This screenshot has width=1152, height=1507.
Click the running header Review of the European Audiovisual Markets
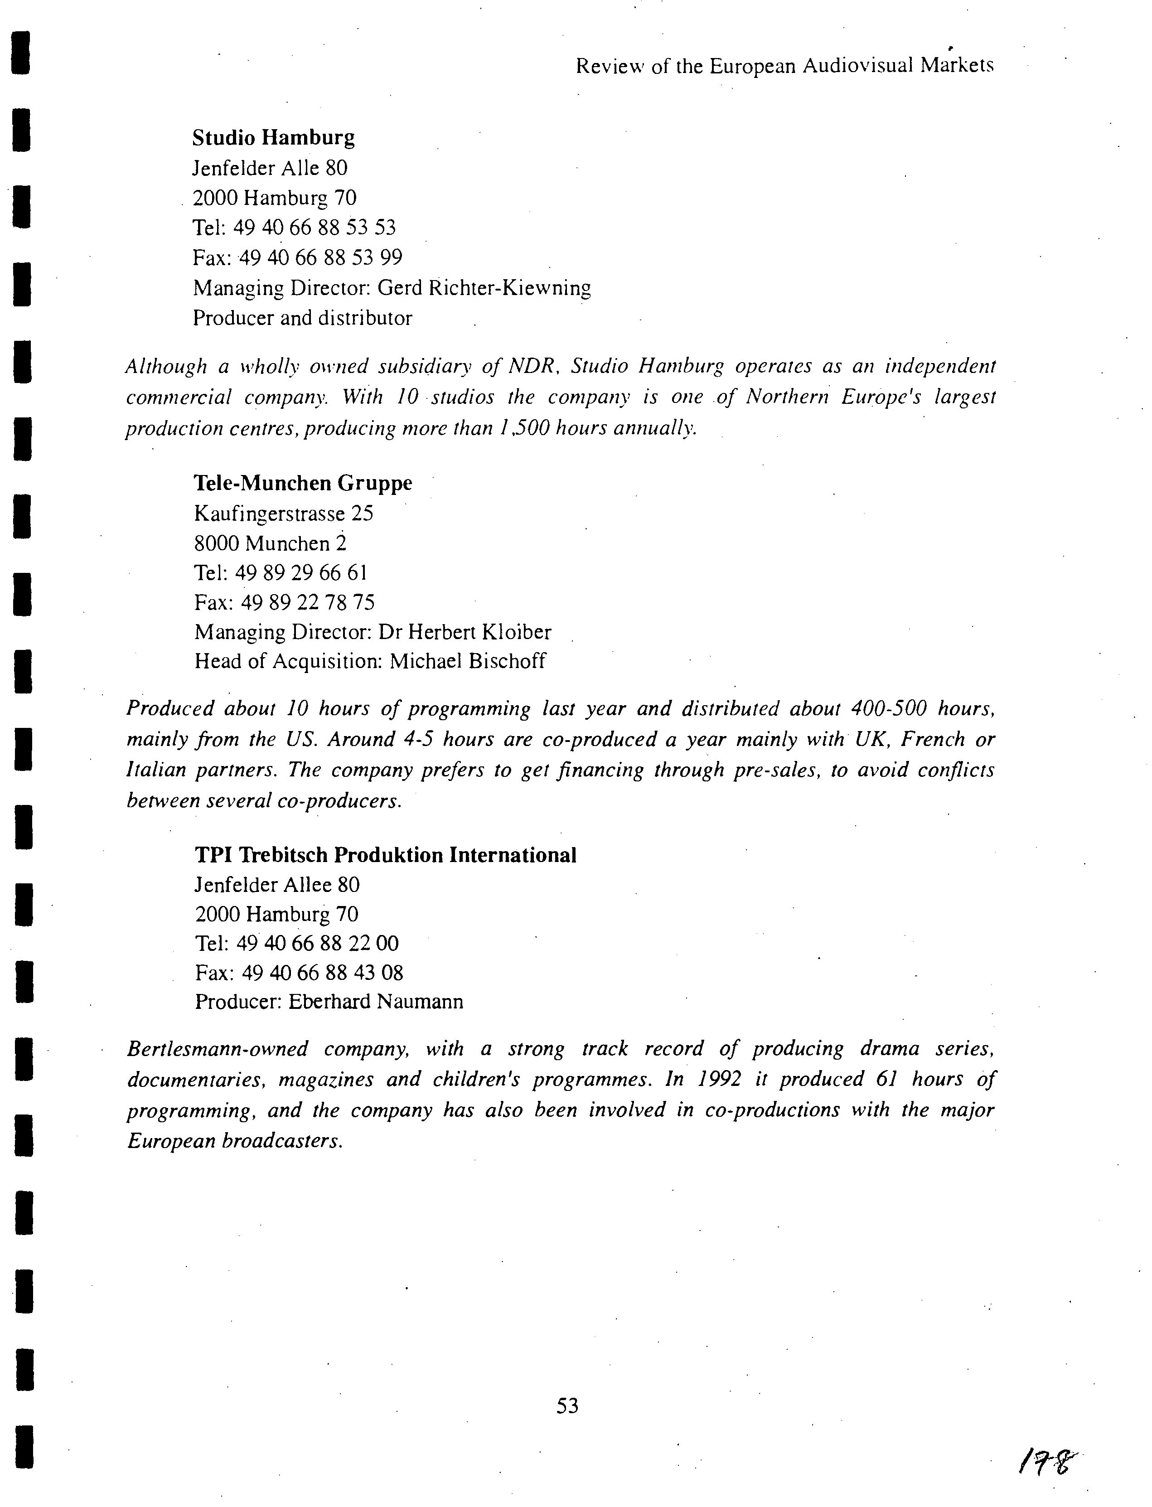click(x=784, y=66)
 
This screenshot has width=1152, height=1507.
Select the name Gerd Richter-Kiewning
click(x=484, y=288)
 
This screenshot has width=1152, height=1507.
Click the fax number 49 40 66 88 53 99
click(x=321, y=258)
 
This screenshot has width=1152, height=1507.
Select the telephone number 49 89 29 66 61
click(x=301, y=572)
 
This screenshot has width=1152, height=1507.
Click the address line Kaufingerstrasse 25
click(x=284, y=514)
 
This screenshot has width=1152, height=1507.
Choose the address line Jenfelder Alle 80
click(x=270, y=168)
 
